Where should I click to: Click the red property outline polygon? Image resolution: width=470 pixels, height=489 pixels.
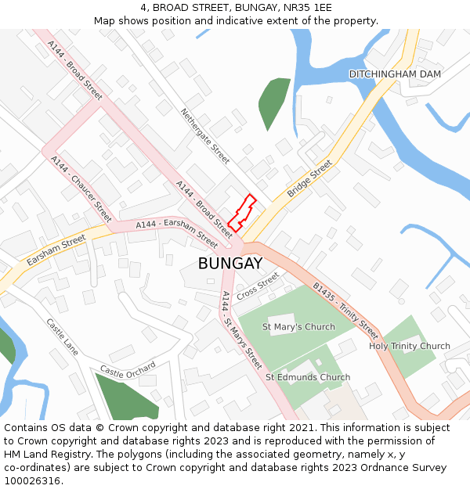[x=242, y=214]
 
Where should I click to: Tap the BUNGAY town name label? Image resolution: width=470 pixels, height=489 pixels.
[x=230, y=264]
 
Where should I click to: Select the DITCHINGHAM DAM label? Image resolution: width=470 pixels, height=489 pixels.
[x=395, y=74]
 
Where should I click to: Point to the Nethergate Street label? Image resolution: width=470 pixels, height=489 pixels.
[x=205, y=136]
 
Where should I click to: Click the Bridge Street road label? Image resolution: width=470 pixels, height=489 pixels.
[x=309, y=179]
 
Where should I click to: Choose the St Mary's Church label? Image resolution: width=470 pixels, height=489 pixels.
[x=298, y=327]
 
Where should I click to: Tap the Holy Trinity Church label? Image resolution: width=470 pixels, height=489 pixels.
[x=410, y=346]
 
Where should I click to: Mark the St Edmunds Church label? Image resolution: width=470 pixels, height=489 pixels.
[x=308, y=377]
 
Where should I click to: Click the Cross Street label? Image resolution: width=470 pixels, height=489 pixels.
[x=258, y=285]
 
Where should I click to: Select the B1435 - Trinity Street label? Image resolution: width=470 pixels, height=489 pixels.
[x=345, y=311]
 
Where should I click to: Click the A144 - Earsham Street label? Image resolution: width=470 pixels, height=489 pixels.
[x=176, y=232]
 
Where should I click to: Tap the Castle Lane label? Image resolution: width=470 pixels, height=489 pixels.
[x=63, y=336]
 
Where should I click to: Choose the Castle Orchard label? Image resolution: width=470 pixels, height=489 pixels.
[x=128, y=369]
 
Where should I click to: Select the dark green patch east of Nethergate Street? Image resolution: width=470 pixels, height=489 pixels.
[x=273, y=102]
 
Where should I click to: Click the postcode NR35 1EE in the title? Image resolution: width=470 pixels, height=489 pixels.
[x=303, y=7]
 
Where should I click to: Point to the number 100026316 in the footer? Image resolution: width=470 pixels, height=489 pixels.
[x=32, y=481]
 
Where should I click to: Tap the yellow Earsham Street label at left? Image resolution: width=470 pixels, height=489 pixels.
[x=56, y=250]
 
